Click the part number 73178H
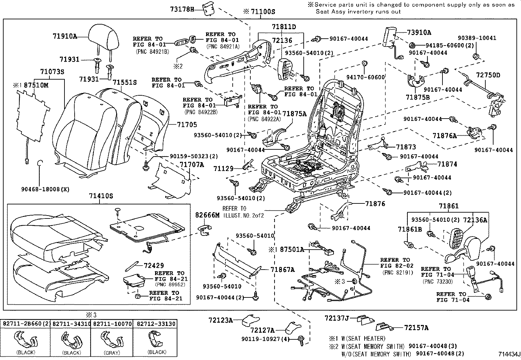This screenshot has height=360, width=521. click(182, 9)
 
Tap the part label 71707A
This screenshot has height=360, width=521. click(191, 164)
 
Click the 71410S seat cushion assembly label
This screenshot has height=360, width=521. click(101, 196)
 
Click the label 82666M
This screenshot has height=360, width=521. click(207, 215)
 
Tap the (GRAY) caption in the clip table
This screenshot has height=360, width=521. click(112, 352)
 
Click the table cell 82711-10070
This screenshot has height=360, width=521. click(112, 324)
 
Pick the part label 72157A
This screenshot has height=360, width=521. click(416, 328)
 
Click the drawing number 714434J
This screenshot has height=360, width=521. click(509, 354)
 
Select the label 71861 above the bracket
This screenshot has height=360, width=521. click(449, 206)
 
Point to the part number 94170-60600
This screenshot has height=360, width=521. click(366, 77)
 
